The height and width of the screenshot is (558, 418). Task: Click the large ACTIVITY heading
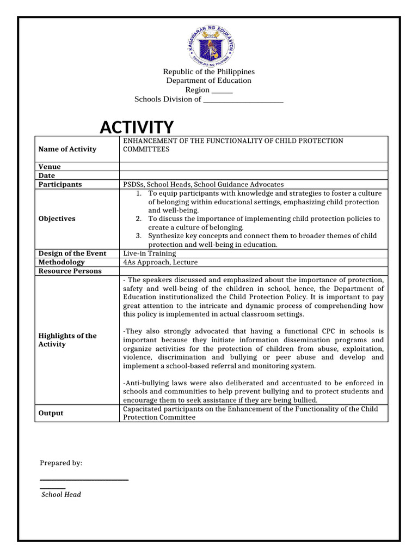137,127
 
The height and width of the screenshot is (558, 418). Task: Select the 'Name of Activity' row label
67,149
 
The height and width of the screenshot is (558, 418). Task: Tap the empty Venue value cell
253,167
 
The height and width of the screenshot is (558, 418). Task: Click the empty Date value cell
253,175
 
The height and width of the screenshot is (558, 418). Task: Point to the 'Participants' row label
60,184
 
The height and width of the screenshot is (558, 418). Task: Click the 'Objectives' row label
57,219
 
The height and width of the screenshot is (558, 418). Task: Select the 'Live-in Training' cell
150,253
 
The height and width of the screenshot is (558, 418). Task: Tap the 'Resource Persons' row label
70,271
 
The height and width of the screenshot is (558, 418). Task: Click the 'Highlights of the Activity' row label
67,340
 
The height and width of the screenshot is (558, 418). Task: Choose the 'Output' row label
51,413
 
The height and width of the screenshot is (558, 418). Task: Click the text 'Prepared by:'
61,463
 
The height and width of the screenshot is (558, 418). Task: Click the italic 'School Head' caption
62,494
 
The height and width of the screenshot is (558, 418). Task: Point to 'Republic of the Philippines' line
209,72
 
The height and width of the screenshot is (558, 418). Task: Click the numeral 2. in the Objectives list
139,219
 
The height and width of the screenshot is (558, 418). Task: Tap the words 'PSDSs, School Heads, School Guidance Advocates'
203,184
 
